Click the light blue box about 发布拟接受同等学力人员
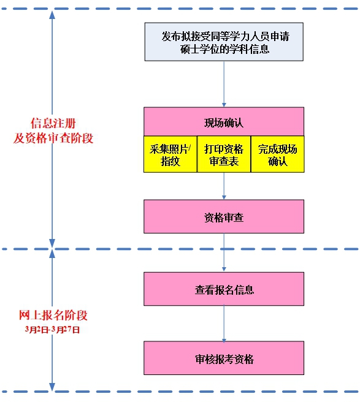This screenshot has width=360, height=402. pyautogui.click(x=224, y=42)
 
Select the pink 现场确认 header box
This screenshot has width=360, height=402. pyautogui.click(x=224, y=121)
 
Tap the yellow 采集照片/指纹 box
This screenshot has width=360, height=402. pyautogui.click(x=170, y=154)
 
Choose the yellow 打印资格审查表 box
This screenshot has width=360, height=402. pyautogui.click(x=224, y=154)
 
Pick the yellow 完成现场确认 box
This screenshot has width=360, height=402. pyautogui.click(x=277, y=154)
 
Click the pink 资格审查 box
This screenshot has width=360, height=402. pyautogui.click(x=224, y=217)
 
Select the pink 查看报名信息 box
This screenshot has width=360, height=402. pyautogui.click(x=224, y=289)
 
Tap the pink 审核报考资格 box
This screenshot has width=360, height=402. pyautogui.click(x=224, y=358)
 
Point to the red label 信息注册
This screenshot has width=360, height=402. pyautogui.click(x=53, y=123)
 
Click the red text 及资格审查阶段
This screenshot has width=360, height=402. pyautogui.click(x=53, y=138)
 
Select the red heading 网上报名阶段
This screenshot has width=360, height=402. pyautogui.click(x=53, y=315)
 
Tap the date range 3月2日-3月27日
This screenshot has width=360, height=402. pyautogui.click(x=52, y=330)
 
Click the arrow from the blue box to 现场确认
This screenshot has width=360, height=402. pyautogui.click(x=224, y=84)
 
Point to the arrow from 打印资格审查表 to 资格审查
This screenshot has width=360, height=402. pyautogui.click(x=224, y=186)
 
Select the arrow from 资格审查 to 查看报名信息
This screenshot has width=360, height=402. pyautogui.click(x=224, y=252)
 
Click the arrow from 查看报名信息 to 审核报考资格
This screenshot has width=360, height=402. pyautogui.click(x=224, y=324)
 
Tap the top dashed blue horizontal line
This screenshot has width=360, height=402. pyautogui.click(x=180, y=9)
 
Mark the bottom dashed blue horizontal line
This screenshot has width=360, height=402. pyautogui.click(x=180, y=392)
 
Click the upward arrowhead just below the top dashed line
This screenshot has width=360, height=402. pyautogui.click(x=52, y=15)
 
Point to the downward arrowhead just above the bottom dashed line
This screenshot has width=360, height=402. pyautogui.click(x=52, y=387)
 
